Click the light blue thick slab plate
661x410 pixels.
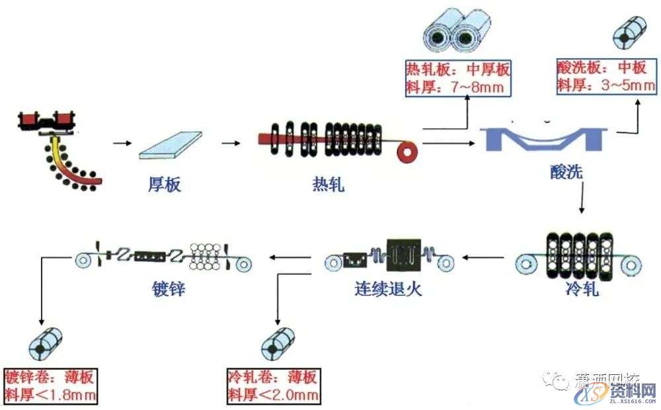click(171, 145)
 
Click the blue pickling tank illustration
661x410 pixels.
click(546, 139)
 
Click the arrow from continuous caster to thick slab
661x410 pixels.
click(122, 143)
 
